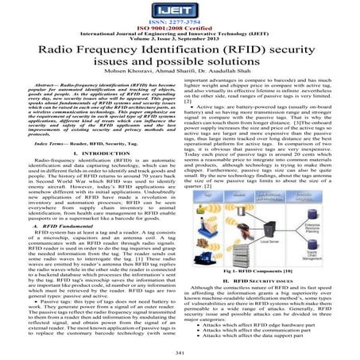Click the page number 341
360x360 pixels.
click(x=180, y=350)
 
